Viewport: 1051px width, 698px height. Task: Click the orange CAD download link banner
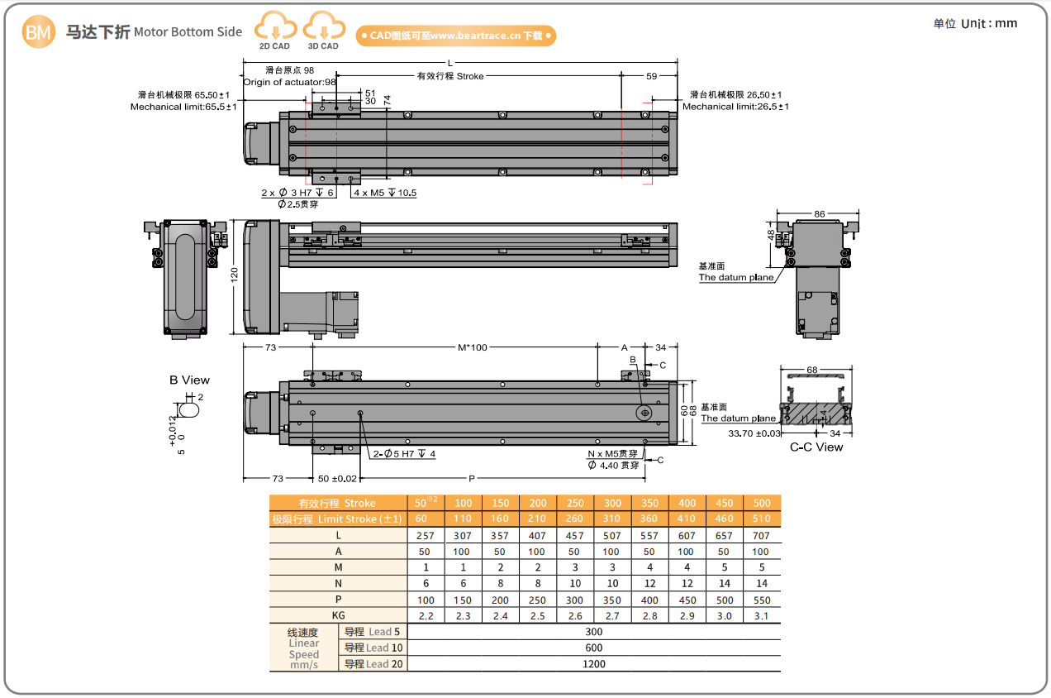(x=455, y=36)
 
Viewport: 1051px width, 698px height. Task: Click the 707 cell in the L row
(x=761, y=535)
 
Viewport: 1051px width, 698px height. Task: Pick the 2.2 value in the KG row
(x=426, y=615)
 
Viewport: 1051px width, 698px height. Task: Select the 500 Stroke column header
(x=761, y=503)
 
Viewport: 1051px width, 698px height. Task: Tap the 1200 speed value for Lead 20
(x=593, y=663)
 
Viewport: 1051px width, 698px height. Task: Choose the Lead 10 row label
(x=373, y=648)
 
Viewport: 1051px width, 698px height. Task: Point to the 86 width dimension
(x=819, y=214)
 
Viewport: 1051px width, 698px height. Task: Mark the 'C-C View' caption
(x=816, y=447)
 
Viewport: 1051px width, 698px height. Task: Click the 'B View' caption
(x=190, y=380)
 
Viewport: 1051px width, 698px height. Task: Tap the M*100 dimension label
(x=473, y=347)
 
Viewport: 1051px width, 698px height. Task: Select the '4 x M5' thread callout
(x=385, y=193)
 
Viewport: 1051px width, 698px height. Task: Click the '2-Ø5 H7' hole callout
(x=403, y=454)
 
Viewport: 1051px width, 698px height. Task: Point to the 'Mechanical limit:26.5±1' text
(x=735, y=107)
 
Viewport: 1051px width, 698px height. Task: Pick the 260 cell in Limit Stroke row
(x=574, y=519)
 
